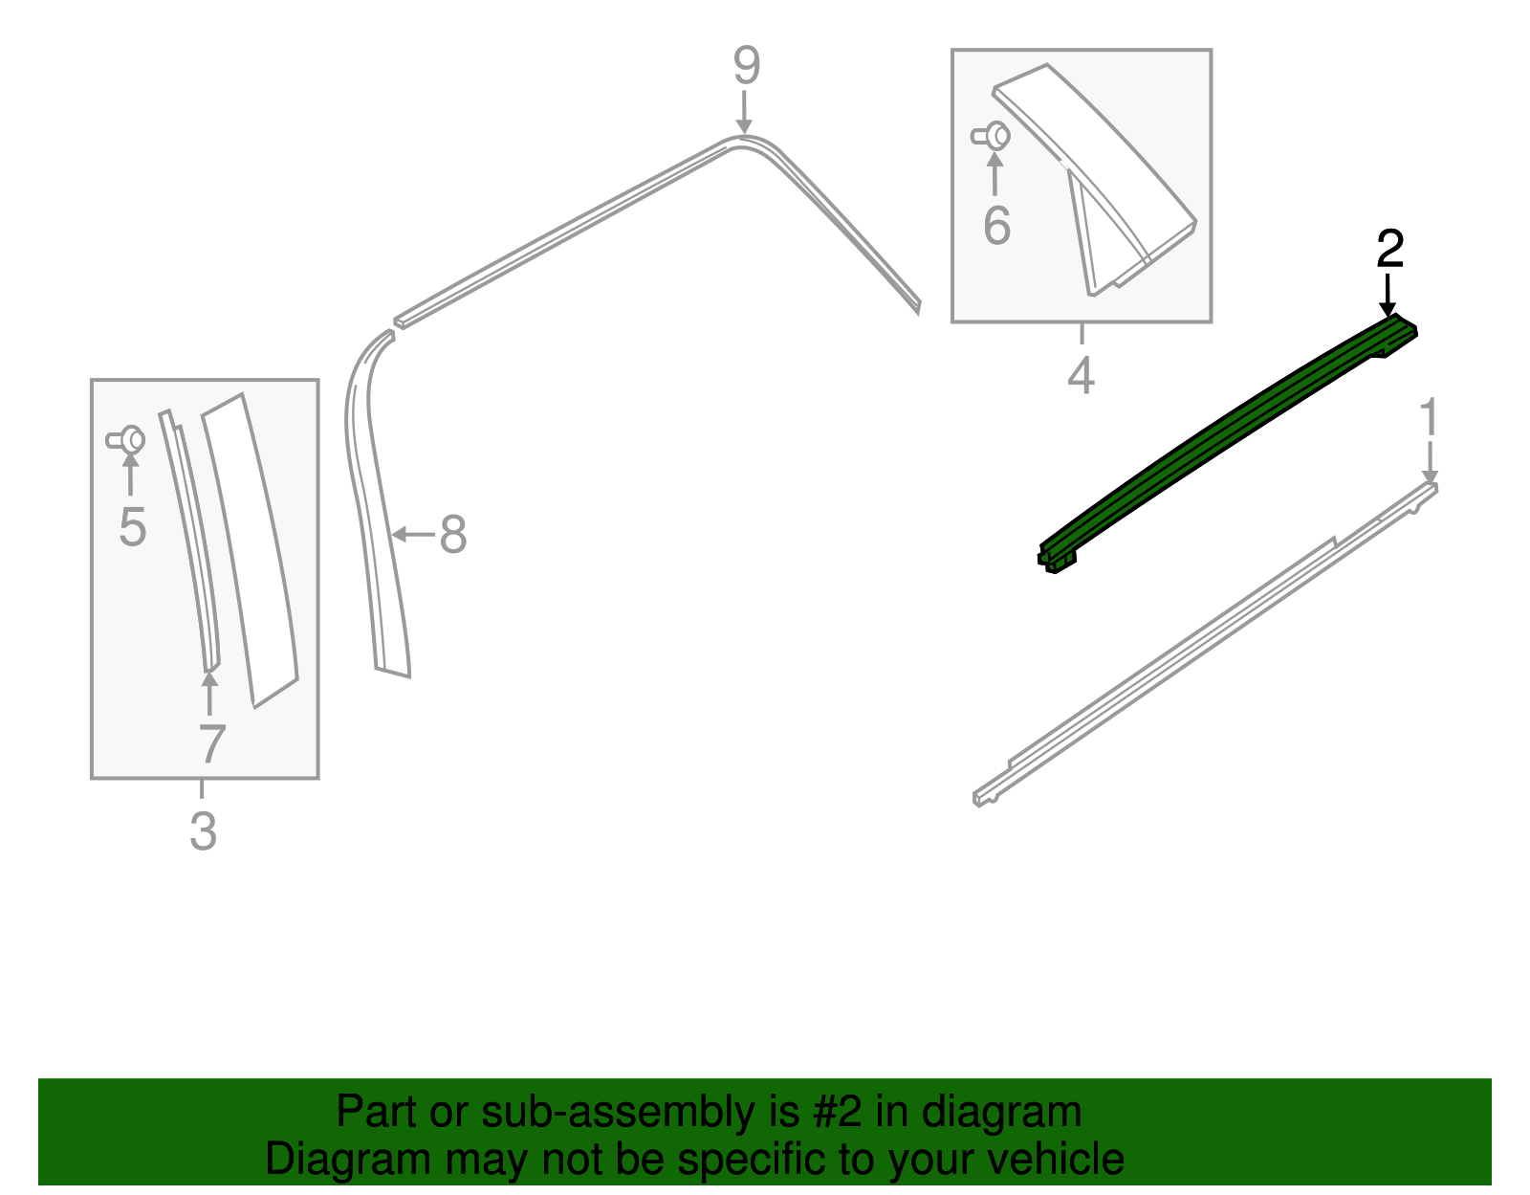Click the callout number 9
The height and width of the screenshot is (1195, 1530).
point(747,66)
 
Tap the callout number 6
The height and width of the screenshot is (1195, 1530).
point(996,226)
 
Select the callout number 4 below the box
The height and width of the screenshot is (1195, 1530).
point(1081,375)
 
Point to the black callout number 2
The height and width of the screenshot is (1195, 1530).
point(1389,249)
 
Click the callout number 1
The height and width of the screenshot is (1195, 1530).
point(1429,419)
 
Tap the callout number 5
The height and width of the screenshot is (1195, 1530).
point(132,527)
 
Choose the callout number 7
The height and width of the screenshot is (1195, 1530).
point(211,743)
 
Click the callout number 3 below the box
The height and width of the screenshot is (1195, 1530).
point(203,830)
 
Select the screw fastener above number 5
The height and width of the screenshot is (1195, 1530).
point(126,440)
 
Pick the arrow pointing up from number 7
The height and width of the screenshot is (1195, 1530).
point(209,694)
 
